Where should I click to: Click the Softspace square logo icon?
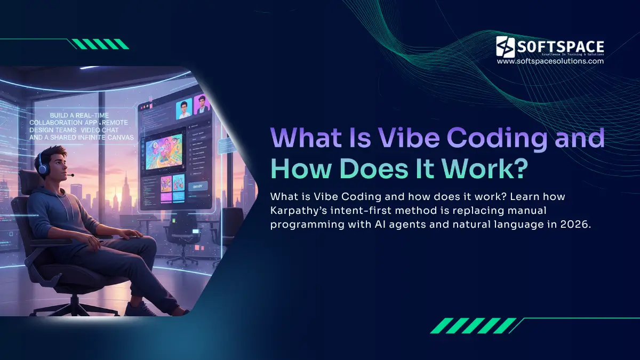pos(506,46)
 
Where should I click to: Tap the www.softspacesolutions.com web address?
pos(550,61)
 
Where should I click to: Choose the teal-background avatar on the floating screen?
pos(183,109)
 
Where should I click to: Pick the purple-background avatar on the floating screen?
pos(202,105)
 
